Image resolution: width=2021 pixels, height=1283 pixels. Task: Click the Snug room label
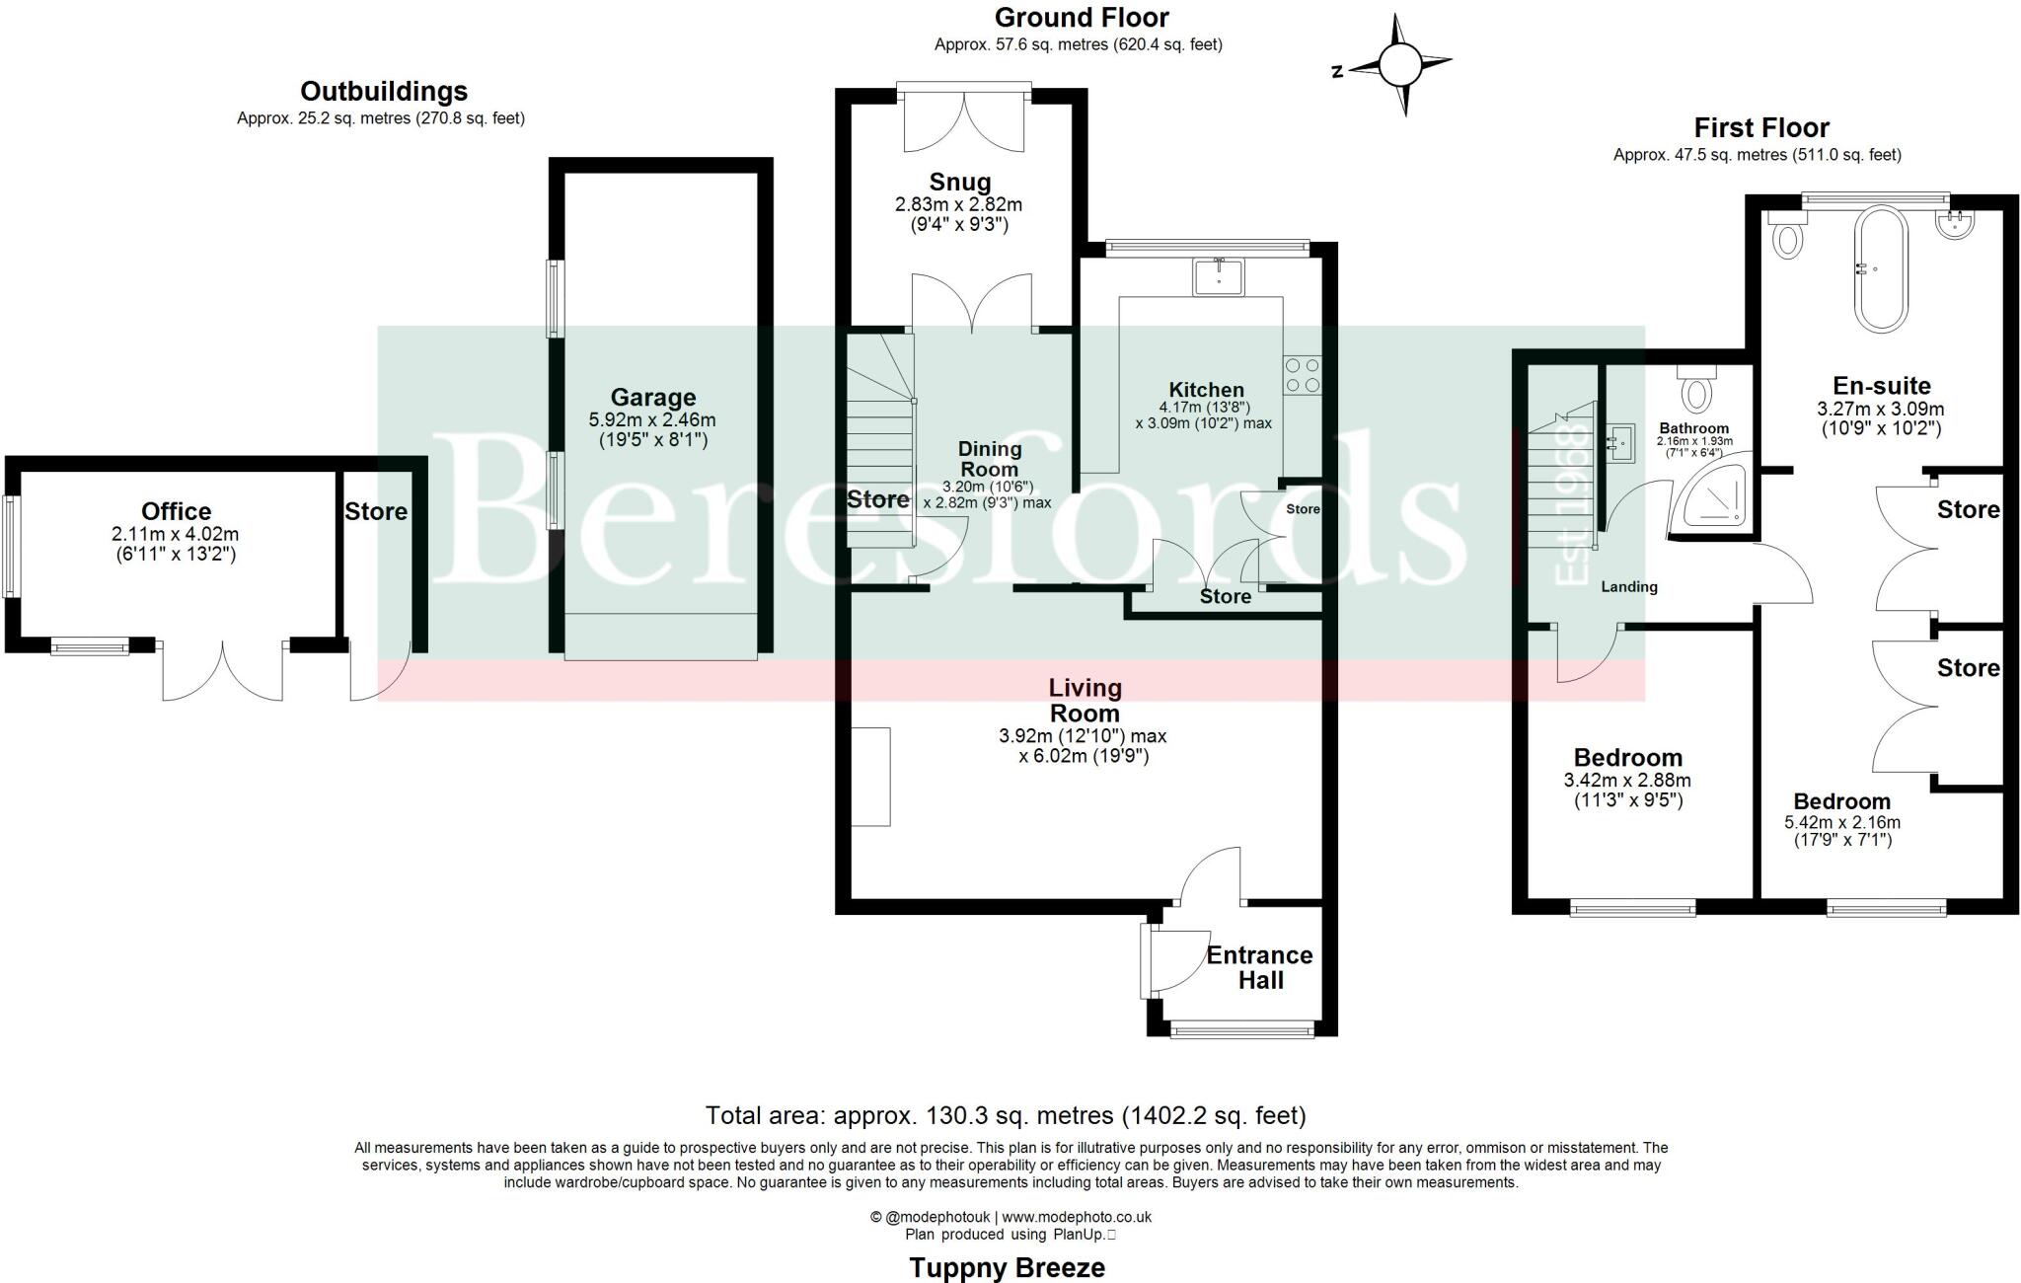tap(959, 183)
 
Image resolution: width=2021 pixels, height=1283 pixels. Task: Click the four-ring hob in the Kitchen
tap(1302, 376)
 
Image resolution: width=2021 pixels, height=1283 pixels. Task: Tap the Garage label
tap(652, 398)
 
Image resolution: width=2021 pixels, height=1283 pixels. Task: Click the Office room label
tap(176, 511)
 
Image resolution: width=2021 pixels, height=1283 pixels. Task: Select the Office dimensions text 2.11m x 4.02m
tap(176, 534)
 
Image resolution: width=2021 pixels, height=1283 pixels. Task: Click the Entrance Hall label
tap(1259, 967)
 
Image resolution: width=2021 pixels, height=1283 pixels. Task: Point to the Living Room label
tap(1084, 700)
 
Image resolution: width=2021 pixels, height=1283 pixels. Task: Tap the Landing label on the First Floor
tap(1628, 586)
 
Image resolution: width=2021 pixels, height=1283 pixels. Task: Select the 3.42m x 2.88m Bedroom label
tap(1627, 758)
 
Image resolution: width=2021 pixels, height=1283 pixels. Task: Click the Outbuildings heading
tap(383, 92)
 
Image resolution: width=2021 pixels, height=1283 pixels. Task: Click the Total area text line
tap(1006, 1115)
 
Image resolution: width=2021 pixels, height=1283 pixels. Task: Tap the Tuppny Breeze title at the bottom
tap(1007, 1267)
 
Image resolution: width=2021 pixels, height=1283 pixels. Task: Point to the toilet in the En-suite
tap(1787, 238)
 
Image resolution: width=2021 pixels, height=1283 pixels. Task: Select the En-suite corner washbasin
tap(1954, 226)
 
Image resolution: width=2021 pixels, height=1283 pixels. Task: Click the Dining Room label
tap(989, 459)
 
